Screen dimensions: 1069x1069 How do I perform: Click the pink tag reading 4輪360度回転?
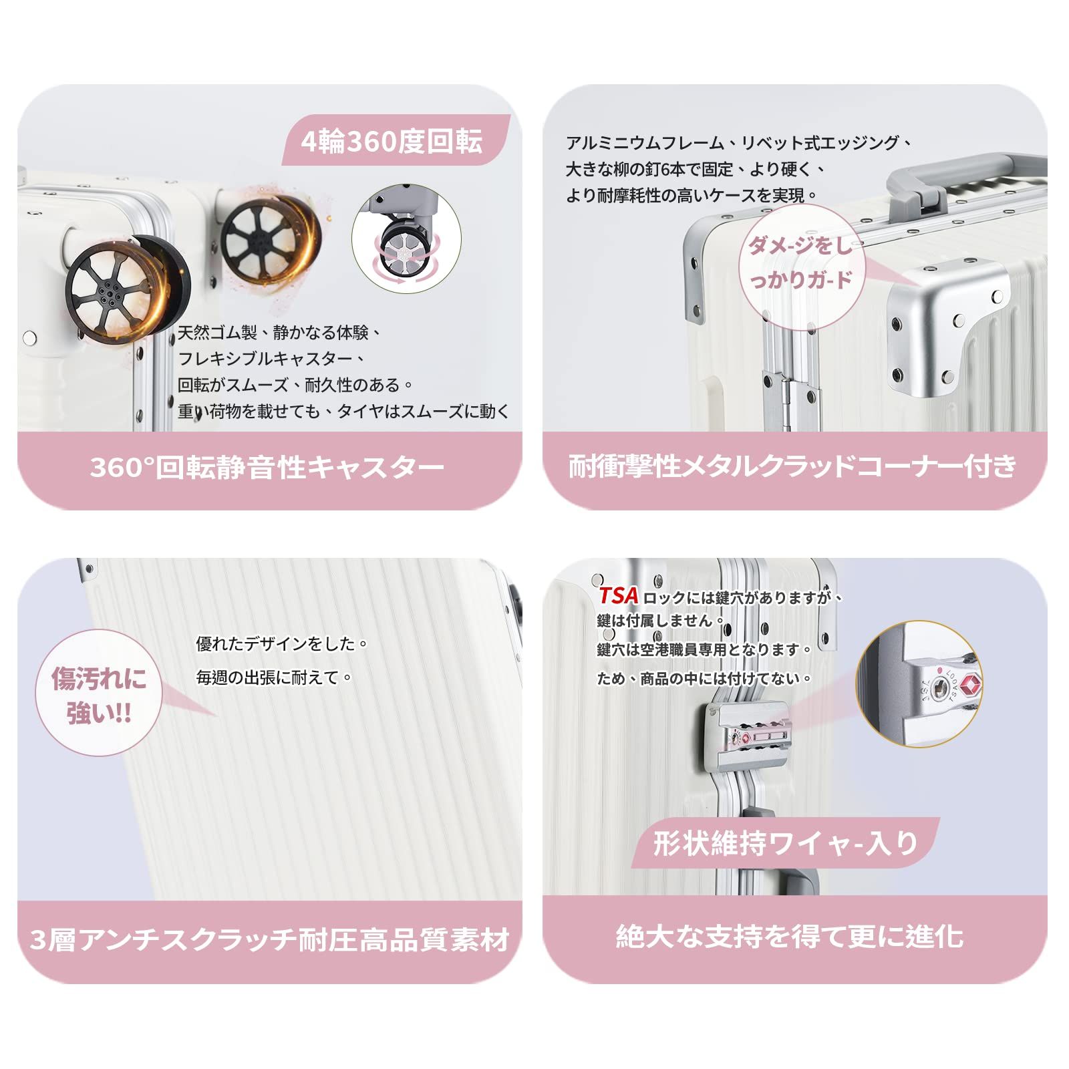(x=392, y=142)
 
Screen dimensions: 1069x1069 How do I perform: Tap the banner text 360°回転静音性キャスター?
(x=267, y=468)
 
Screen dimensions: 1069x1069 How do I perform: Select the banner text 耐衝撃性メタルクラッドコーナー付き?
(x=793, y=466)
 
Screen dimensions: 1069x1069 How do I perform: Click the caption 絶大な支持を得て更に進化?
(x=790, y=936)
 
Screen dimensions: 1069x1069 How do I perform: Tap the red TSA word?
(x=618, y=596)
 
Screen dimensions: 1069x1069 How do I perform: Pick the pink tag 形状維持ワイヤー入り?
(x=786, y=844)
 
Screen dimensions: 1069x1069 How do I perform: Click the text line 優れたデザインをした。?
(x=282, y=644)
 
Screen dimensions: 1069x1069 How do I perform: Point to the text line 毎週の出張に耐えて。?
(x=275, y=677)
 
